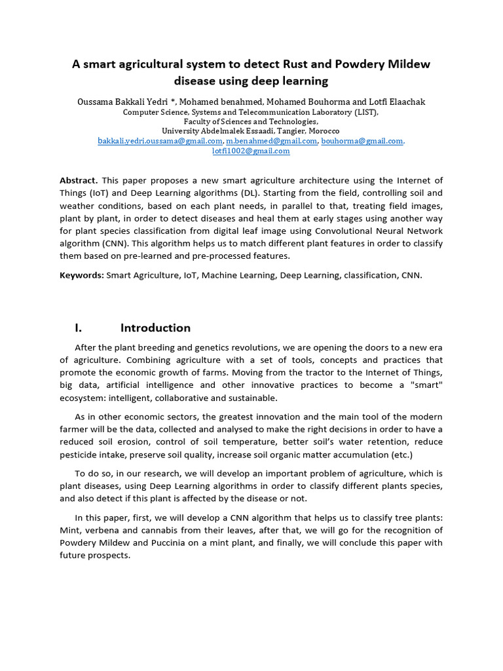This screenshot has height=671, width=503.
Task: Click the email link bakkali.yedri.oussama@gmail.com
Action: pyautogui.click(x=160, y=141)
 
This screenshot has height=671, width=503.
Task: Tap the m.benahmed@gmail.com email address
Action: pyautogui.click(x=272, y=141)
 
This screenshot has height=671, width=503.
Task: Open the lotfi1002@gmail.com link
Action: pyautogui.click(x=251, y=151)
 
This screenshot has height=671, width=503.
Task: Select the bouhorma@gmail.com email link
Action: pyautogui.click(x=362, y=141)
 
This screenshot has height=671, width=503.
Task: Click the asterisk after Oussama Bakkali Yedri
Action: pyautogui.click(x=172, y=102)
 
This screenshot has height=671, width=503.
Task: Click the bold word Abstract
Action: pyautogui.click(x=78, y=180)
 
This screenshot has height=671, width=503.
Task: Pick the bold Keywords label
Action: pyautogui.click(x=81, y=275)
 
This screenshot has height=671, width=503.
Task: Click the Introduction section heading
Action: pyautogui.click(x=155, y=328)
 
